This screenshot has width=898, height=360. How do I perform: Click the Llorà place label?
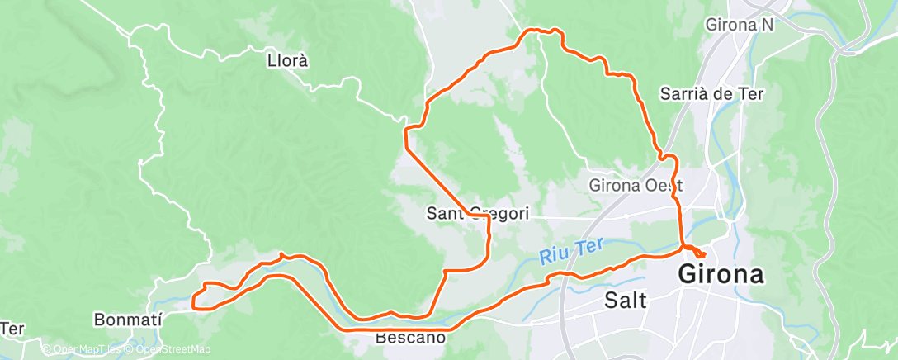(288, 60)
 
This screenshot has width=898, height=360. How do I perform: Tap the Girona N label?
(740, 25)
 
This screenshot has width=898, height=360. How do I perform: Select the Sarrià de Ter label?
(712, 93)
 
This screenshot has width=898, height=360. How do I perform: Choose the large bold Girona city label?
(721, 274)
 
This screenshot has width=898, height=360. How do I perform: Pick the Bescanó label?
(411, 337)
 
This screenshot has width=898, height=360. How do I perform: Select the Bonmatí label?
(127, 319)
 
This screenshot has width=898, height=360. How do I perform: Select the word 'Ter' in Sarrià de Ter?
(750, 93)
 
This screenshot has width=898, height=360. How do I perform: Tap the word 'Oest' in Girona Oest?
(666, 184)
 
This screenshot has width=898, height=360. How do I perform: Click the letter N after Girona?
(767, 25)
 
